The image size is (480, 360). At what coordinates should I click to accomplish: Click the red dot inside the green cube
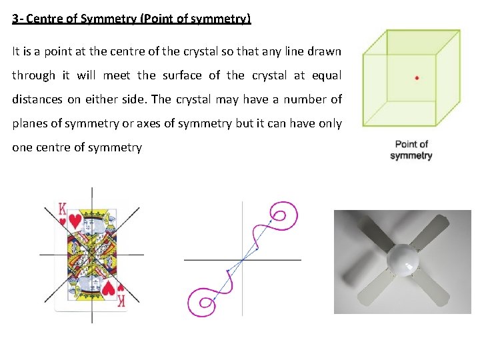point(417,78)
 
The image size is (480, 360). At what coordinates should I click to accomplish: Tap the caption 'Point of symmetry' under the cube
point(411,150)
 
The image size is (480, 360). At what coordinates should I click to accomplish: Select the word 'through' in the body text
point(33,75)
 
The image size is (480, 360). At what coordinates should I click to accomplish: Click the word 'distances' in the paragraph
point(36,99)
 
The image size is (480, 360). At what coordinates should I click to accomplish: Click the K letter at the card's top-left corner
point(62,207)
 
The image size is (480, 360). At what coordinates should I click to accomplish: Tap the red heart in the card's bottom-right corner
point(119,288)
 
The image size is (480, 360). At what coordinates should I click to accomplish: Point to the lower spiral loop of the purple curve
point(202,303)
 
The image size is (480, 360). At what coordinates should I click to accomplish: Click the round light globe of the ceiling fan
point(406,259)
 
